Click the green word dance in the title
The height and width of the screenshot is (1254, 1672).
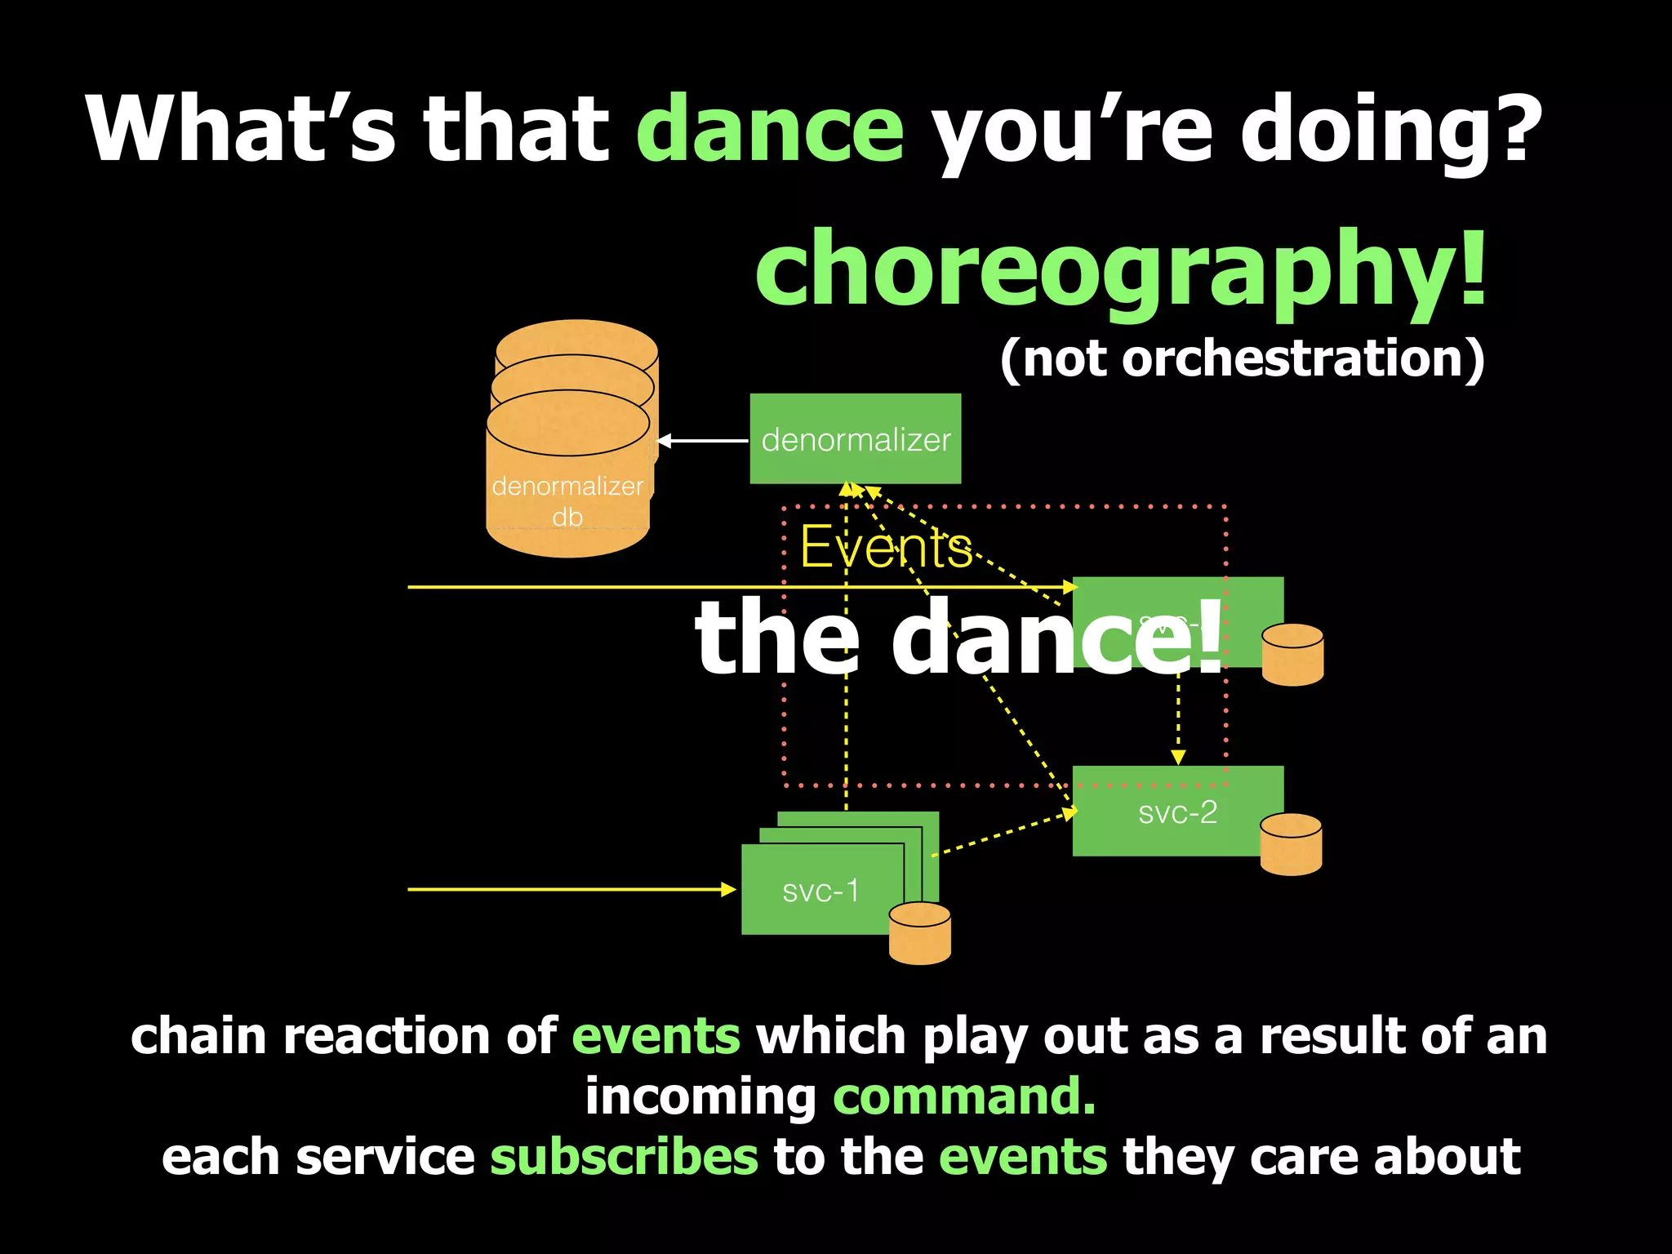pyautogui.click(x=769, y=129)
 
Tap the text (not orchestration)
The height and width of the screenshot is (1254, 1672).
pyautogui.click(x=1242, y=358)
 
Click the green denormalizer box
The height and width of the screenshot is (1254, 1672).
pyautogui.click(x=855, y=439)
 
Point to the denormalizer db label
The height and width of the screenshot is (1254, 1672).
pyautogui.click(x=567, y=500)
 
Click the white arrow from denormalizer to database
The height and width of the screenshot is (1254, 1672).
pyautogui.click(x=702, y=441)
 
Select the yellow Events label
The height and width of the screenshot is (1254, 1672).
pyautogui.click(x=886, y=547)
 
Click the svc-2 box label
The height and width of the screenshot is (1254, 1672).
pyautogui.click(x=1177, y=812)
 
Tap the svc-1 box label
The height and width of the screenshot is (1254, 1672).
pyautogui.click(x=820, y=891)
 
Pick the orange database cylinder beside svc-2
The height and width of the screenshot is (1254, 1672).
pyautogui.click(x=1291, y=844)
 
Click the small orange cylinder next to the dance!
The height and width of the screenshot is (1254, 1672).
pyautogui.click(x=1292, y=655)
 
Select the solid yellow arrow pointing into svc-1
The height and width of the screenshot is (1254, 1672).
pyautogui.click(x=571, y=889)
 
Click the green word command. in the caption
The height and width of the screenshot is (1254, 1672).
pyautogui.click(x=964, y=1096)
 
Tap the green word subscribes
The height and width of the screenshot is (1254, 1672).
pyautogui.click(x=624, y=1157)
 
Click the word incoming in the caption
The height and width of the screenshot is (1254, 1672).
pyautogui.click(x=700, y=1096)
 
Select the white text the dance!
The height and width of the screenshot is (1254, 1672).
pyautogui.click(x=959, y=637)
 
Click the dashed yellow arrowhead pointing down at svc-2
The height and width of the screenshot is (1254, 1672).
pyautogui.click(x=1177, y=757)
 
